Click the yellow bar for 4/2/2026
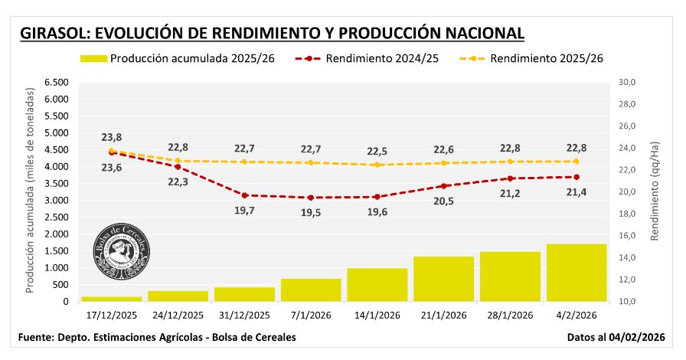[x=577, y=273]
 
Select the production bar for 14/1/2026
[x=377, y=285]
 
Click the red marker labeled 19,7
[x=244, y=195]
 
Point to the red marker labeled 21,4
[x=577, y=177]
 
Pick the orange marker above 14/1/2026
[x=377, y=165]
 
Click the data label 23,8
[x=112, y=138]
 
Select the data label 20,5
[x=443, y=201]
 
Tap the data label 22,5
[x=377, y=151]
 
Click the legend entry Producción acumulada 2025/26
[x=178, y=58]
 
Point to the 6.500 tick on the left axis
[x=56, y=82]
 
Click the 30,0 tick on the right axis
[x=628, y=82]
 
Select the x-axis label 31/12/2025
[x=244, y=315]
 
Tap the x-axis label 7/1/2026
[x=310, y=315]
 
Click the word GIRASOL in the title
[x=54, y=33]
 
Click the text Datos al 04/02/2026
[x=615, y=337]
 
